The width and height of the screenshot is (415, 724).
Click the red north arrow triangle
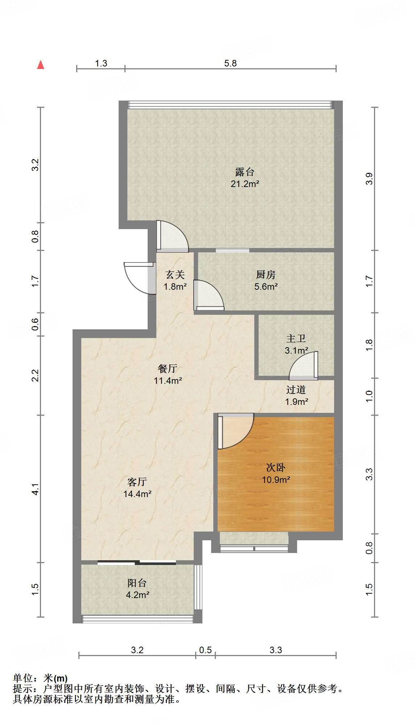[41, 65]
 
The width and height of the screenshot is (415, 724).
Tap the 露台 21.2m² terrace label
[245, 178]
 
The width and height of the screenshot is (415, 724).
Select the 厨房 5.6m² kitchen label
[266, 280]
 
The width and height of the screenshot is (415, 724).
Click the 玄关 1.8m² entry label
[175, 280]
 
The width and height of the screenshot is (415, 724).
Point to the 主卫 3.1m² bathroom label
[296, 344]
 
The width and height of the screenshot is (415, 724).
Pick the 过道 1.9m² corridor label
[296, 395]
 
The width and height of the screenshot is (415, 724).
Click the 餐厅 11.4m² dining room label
[168, 374]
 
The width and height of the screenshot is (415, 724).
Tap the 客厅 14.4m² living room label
[137, 488]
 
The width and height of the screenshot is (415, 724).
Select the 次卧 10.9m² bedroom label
[276, 473]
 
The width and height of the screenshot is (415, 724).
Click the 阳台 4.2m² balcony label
[137, 589]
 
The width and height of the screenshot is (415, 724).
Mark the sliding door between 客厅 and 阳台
[137, 563]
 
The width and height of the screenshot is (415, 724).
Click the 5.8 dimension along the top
[230, 63]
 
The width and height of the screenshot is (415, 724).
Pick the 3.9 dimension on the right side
[369, 179]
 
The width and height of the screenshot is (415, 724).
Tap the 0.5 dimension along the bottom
[205, 650]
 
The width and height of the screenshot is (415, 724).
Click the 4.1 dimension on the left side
[35, 489]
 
